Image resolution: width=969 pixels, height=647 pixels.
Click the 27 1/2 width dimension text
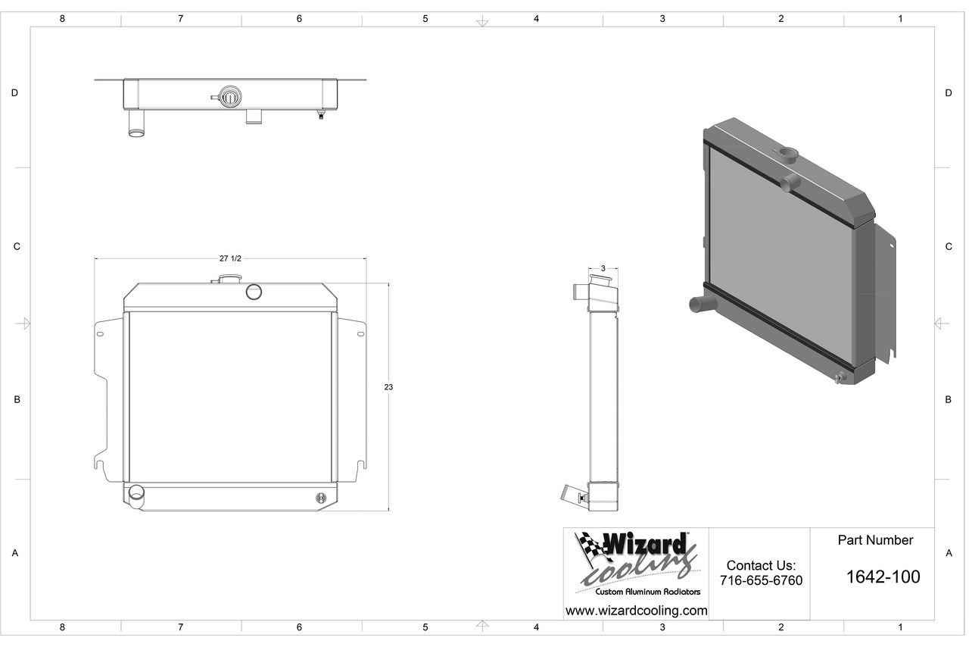pos(230,258)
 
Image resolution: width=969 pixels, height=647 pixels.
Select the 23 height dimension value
pos(388,387)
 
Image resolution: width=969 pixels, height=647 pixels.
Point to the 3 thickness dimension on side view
pos(603,268)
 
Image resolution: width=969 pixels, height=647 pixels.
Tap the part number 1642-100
pos(883,577)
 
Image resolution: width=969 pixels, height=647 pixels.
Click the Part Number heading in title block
pos(875,540)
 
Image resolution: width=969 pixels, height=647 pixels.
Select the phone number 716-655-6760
pos(761,580)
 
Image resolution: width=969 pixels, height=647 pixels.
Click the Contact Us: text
pos(761,565)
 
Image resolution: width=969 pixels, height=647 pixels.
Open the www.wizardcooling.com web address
pos(636,611)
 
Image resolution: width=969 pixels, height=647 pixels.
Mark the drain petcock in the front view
pos(321,498)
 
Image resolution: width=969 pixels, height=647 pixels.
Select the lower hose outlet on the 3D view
pos(697,305)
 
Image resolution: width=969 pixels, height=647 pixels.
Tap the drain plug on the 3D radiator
pos(838,378)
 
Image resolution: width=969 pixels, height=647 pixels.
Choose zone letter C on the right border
pos(948,247)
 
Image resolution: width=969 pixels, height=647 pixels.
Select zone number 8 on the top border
pos(62,19)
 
